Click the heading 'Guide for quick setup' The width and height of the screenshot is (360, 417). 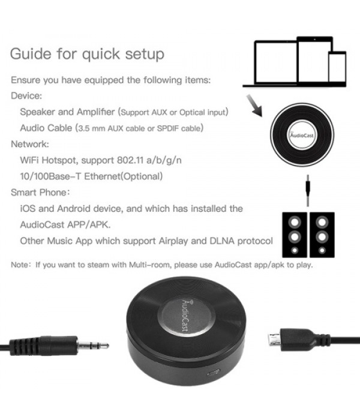coord(87,55)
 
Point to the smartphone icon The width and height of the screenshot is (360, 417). coord(337,67)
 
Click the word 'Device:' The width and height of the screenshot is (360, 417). coord(25,95)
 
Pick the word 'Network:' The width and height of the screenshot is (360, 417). coord(30,144)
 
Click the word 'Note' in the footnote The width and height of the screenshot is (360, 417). coord(20,265)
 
